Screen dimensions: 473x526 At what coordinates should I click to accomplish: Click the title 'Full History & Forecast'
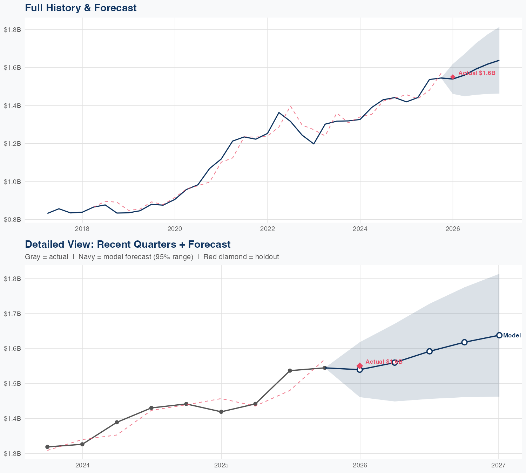coord(81,8)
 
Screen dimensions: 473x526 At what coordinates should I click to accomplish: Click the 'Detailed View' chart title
coord(128,244)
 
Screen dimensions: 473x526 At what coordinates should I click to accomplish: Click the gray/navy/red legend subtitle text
coord(152,257)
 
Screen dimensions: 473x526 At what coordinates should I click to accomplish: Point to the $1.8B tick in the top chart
coord(12,29)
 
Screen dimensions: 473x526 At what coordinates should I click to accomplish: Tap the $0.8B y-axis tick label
coord(12,220)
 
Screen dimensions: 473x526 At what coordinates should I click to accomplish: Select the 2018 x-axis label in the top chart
coord(82,229)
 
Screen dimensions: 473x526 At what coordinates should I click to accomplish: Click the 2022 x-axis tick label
coord(267,229)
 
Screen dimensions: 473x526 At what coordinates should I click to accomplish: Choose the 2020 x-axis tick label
coord(175,229)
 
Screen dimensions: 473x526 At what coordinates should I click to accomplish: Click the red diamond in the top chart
coord(453,77)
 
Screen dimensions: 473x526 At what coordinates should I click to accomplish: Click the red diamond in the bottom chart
coord(360,366)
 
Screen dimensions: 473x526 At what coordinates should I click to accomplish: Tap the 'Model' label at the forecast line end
coord(512,335)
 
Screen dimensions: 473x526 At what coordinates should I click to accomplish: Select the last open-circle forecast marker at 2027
coord(499,335)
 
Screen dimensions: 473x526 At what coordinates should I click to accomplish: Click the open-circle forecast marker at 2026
coord(360,370)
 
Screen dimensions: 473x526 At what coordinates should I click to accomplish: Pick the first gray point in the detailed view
coord(47,447)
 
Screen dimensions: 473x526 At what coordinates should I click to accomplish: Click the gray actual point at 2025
coord(221,412)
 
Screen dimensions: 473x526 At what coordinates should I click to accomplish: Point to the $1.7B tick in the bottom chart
coord(12,314)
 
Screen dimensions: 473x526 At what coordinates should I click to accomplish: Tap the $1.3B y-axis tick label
coord(12,454)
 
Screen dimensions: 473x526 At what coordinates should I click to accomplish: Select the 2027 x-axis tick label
coord(498,465)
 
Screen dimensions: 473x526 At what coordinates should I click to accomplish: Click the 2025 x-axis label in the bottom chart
coord(221,465)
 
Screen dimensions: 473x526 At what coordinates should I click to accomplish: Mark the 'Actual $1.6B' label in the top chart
coord(477,73)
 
